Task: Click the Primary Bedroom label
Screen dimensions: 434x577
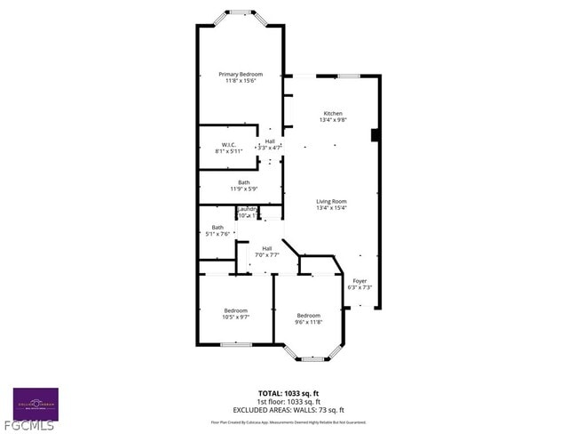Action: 241,74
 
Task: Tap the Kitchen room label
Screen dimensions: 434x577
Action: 333,113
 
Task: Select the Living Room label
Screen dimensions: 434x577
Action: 331,201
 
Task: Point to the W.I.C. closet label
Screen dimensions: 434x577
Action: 228,144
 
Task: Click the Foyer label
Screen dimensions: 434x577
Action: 360,280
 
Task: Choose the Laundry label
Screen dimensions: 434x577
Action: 247,208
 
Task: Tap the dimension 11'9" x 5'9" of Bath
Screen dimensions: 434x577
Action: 243,189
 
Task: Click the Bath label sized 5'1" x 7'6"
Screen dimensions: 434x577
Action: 217,227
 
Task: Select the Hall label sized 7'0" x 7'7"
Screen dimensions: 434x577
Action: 266,248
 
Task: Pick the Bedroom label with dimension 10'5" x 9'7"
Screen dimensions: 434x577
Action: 235,309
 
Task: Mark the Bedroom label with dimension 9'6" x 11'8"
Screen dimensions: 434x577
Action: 308,316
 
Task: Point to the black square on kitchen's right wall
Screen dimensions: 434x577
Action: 375,135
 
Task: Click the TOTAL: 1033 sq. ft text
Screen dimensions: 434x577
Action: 288,392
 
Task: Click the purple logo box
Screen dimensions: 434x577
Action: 36,403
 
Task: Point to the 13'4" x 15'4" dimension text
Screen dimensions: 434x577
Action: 331,208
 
